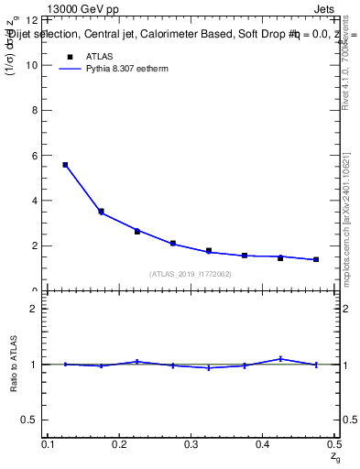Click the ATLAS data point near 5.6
click(x=65, y=165)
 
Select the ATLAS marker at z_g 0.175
click(x=101, y=212)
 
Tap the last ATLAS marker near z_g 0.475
click(x=316, y=259)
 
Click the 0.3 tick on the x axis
click(x=191, y=444)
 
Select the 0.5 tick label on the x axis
click(x=334, y=444)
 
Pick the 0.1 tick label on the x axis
click(x=48, y=444)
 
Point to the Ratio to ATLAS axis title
click(x=15, y=365)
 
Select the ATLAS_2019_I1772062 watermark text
click(x=191, y=274)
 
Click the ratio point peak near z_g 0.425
click(x=280, y=358)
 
